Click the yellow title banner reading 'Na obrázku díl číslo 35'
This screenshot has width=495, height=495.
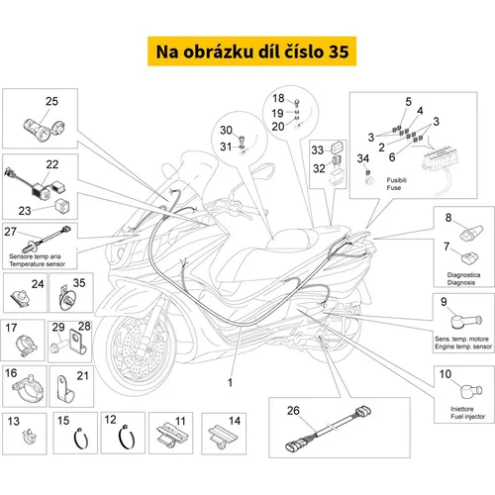[251, 51]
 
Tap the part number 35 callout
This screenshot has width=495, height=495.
[79, 283]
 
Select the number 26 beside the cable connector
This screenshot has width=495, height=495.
[293, 411]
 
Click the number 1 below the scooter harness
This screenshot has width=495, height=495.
[230, 383]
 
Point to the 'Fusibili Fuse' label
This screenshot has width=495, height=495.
[397, 184]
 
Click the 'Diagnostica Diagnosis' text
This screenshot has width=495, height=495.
[463, 278]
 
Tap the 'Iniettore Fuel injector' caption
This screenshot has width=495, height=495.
[467, 413]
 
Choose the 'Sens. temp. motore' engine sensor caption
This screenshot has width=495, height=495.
[461, 339]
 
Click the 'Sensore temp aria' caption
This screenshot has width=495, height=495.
[35, 256]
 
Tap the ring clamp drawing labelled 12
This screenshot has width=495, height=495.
[127, 438]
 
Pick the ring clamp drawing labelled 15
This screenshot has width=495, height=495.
[81, 439]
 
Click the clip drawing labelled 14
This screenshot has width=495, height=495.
[223, 437]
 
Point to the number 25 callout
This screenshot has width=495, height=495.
[51, 101]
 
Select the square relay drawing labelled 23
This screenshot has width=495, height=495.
[62, 206]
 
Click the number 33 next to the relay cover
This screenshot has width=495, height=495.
[318, 150]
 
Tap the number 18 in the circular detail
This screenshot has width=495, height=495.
[278, 98]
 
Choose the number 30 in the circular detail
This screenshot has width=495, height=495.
[226, 130]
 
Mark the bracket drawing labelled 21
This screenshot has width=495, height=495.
[65, 389]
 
